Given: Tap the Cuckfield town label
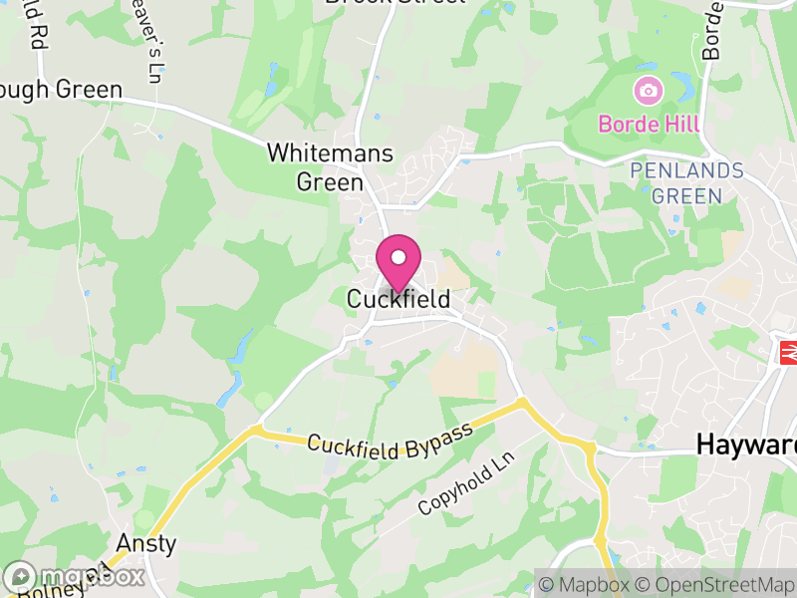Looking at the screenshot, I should click(x=398, y=299).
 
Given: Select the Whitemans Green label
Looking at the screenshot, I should click(x=330, y=168).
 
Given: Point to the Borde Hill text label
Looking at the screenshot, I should click(x=649, y=125).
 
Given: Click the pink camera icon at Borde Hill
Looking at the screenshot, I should click(x=649, y=92).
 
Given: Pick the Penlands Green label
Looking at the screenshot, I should click(x=687, y=183).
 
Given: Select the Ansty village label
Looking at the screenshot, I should click(x=146, y=544).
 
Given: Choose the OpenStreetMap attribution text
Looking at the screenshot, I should click(x=712, y=584).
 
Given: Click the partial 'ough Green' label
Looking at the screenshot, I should click(x=61, y=89).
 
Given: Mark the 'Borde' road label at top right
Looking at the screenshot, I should click(x=711, y=30).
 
